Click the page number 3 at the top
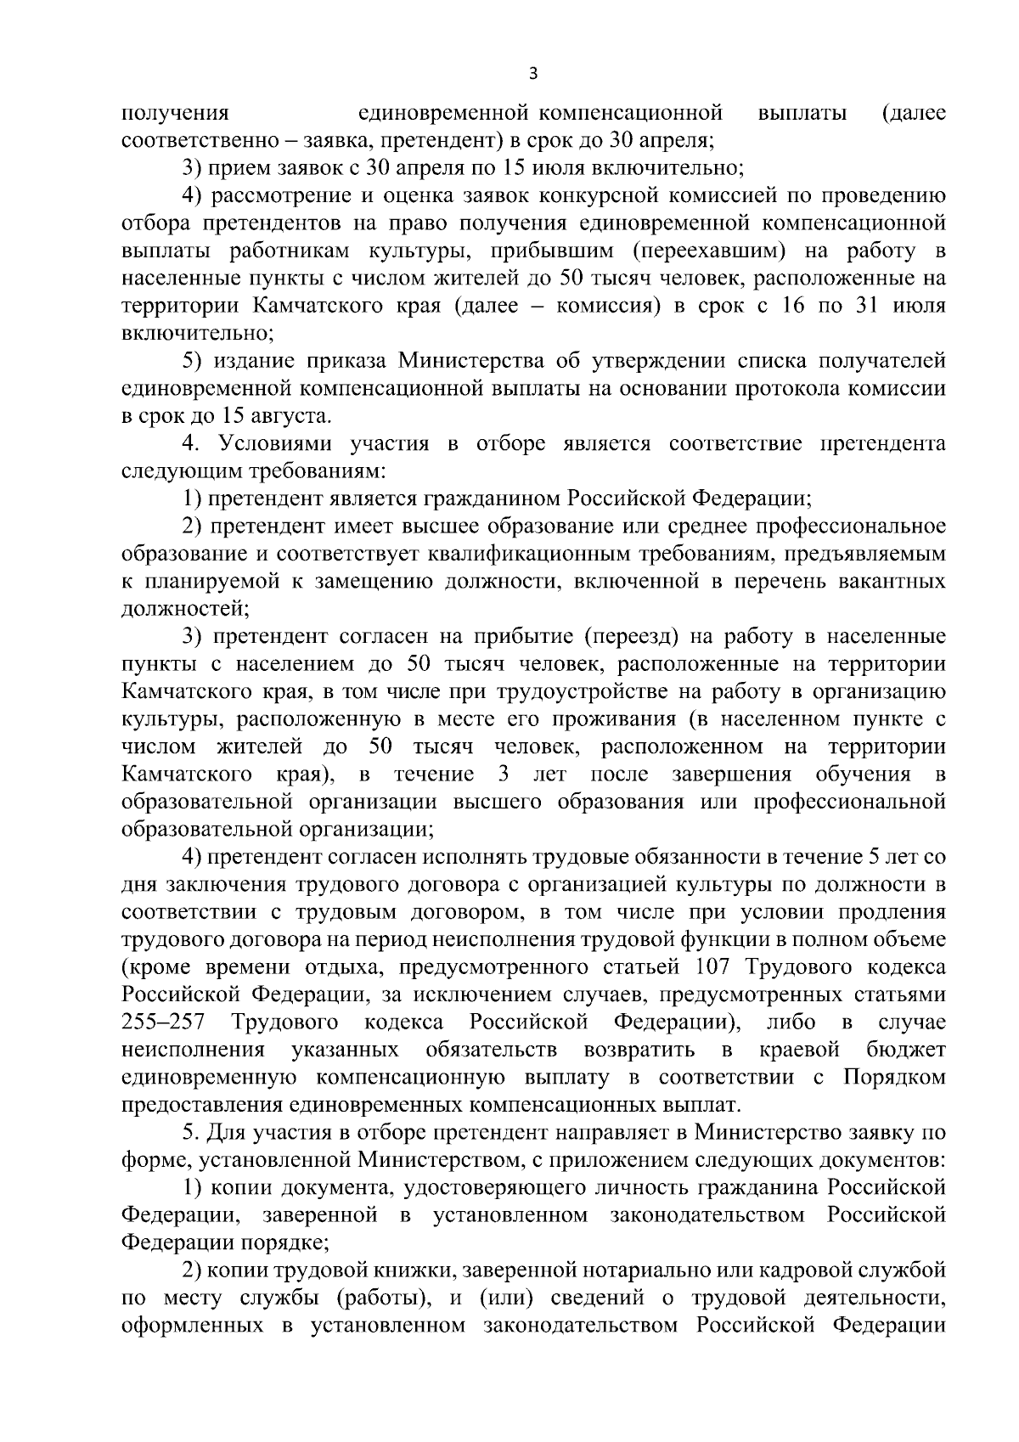532,73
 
